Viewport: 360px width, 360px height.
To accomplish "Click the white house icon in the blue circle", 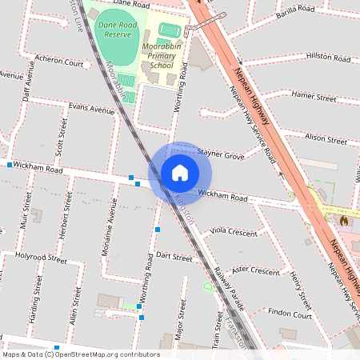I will [x=180, y=173].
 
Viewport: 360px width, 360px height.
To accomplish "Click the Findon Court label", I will [x=290, y=313].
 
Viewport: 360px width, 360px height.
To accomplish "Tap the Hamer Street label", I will [x=314, y=96].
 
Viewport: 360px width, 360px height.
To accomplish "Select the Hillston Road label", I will [x=328, y=58].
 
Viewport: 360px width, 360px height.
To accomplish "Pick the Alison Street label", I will [x=326, y=138].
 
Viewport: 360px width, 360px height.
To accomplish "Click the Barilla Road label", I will [x=296, y=10].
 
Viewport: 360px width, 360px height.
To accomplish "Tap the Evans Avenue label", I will [x=91, y=107].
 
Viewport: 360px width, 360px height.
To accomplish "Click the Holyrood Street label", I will [x=42, y=258].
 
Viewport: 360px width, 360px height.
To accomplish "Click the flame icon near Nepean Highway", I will [x=345, y=218].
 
